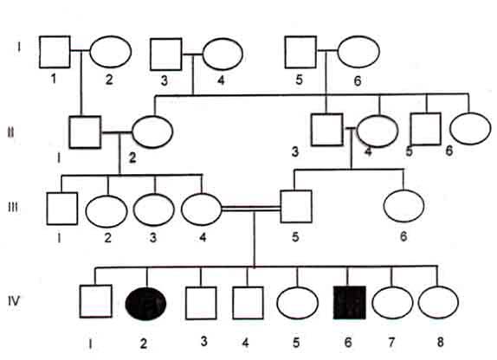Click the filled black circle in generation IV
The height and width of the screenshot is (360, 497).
pyautogui.click(x=145, y=303)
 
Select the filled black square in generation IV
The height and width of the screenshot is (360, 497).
pyautogui.click(x=349, y=302)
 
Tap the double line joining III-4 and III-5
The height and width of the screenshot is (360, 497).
pyautogui.click(x=251, y=209)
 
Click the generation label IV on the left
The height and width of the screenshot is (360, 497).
pyautogui.click(x=14, y=300)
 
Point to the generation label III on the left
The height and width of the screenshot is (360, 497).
pyautogui.click(x=13, y=208)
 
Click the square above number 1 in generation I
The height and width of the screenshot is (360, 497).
pyautogui.click(x=55, y=52)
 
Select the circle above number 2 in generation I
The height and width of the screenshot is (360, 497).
pyautogui.click(x=111, y=52)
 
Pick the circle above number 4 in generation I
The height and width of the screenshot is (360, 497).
pyautogui.click(x=223, y=55)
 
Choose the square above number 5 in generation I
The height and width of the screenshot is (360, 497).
pyautogui.click(x=300, y=52)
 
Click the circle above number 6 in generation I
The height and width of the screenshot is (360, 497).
pyautogui.click(x=358, y=52)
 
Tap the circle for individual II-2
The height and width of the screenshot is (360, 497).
pyautogui.click(x=152, y=132)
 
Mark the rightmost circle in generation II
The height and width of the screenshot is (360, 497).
pyautogui.click(x=470, y=129)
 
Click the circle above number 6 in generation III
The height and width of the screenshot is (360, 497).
pyautogui.click(x=403, y=206)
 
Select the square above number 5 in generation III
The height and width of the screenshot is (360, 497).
pyautogui.click(x=296, y=207)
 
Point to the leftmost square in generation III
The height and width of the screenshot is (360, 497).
pyautogui.click(x=62, y=209)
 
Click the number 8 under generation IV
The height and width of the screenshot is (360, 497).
pyautogui.click(x=440, y=342)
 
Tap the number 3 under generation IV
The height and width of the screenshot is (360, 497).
pyautogui.click(x=203, y=341)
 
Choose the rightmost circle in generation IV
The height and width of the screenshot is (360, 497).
pyautogui.click(x=438, y=302)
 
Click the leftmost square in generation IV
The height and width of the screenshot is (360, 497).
pyautogui.click(x=96, y=301)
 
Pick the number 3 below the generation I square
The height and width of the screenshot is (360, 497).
pyautogui.click(x=165, y=80)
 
